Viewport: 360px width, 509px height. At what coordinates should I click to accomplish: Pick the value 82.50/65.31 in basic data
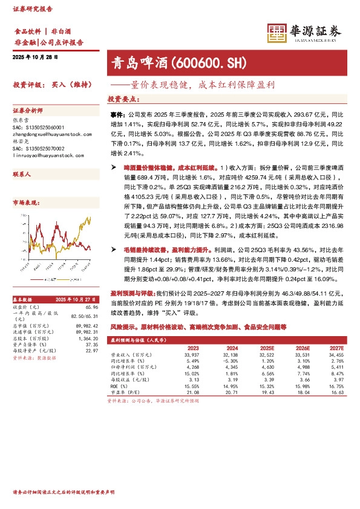85,316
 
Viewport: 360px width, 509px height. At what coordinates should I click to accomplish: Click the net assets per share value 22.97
91,351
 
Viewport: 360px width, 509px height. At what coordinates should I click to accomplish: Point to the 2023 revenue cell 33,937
192,355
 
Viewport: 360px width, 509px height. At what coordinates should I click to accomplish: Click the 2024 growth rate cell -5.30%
230,361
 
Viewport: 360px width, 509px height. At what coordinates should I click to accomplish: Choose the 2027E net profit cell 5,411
336,367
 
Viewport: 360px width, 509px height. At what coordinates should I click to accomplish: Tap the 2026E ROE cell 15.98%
300,386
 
